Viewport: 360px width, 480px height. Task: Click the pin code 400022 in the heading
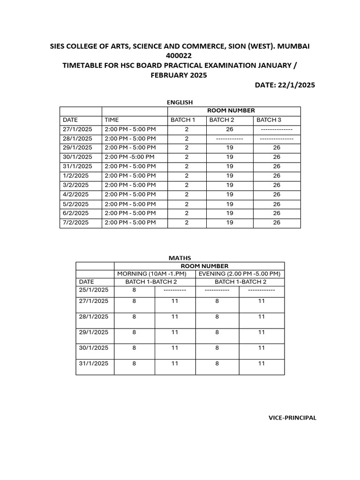tap(180, 55)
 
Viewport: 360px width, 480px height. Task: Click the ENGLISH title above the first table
tap(180, 102)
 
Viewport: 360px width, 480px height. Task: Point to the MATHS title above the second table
tap(180, 258)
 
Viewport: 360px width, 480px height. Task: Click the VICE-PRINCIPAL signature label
tap(292, 418)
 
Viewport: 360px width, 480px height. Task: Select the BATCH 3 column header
tap(269, 120)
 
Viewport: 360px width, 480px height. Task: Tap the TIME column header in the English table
tap(112, 120)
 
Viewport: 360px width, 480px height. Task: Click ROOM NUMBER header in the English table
tap(234, 111)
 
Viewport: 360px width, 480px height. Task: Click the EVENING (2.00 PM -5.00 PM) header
tap(240, 274)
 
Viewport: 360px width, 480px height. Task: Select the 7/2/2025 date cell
tap(75, 223)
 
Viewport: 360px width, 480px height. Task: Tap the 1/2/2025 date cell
tap(75, 176)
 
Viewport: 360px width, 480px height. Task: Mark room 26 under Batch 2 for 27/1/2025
tap(229, 129)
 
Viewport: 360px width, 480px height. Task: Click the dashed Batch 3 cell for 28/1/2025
tap(277, 139)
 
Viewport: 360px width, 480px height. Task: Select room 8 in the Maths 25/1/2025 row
tap(134, 290)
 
